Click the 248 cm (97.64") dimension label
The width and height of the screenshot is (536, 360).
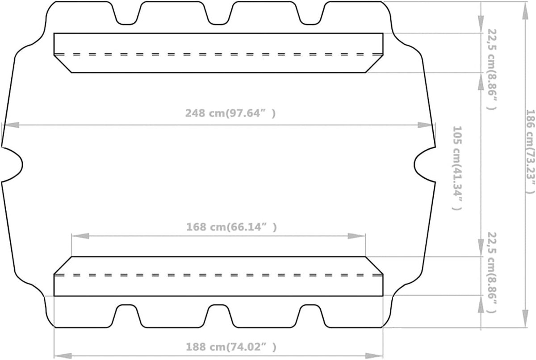point(230,113)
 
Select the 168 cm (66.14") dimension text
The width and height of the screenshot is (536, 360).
point(231,227)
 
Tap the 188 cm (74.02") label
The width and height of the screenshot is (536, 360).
point(231,347)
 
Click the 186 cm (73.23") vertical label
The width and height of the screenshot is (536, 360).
point(530,152)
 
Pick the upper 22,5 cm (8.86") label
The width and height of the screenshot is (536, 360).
point(492,69)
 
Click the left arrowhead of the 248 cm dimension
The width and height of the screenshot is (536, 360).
point(11,125)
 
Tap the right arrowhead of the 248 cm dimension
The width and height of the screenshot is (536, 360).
point(426,125)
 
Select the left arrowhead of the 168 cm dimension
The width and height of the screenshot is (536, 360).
point(80,236)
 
